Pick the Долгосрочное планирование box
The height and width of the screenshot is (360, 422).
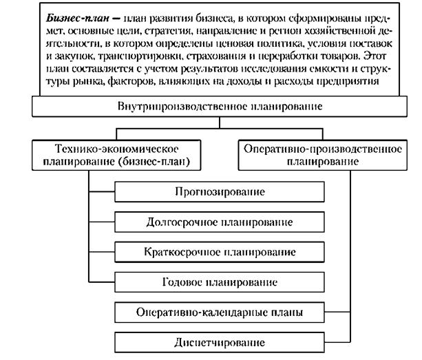tap(220, 222)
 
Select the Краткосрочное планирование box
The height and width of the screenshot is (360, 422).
tap(220, 251)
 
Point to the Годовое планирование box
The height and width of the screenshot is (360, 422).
tap(220, 282)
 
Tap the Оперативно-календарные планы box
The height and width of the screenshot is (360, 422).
tap(220, 312)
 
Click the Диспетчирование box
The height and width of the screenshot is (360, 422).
tap(220, 342)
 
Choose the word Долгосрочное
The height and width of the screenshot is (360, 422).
tap(181, 222)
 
